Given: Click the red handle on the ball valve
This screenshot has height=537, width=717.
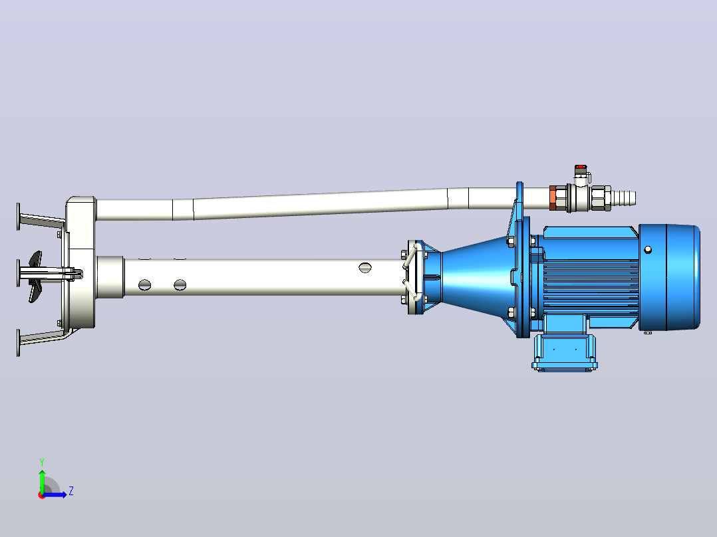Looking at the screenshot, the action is (x=581, y=167).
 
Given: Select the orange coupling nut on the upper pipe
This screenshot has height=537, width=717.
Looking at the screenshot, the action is (x=552, y=198).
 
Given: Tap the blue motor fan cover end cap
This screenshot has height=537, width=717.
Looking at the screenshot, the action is (x=669, y=277).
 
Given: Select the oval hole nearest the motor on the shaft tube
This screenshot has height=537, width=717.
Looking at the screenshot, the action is (x=365, y=268).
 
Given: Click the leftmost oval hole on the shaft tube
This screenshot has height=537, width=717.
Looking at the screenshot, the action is (x=144, y=284).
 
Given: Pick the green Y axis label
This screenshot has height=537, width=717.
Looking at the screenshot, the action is (x=42, y=463).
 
